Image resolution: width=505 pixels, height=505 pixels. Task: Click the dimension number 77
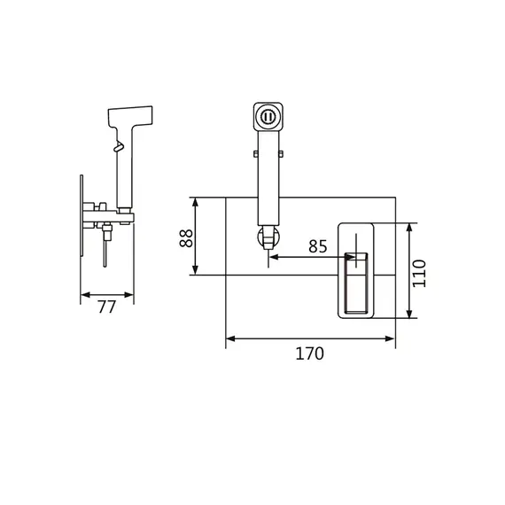tap(106, 307)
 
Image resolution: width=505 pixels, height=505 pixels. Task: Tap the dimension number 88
tap(186, 238)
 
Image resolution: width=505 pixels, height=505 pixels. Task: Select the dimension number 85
tap(317, 246)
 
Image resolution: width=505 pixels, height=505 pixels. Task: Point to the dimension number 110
tap(419, 273)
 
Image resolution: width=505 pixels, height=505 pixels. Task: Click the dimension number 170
tap(309, 353)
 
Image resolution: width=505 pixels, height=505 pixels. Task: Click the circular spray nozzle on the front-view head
tap(268, 117)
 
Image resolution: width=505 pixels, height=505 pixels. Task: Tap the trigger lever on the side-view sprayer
tap(118, 145)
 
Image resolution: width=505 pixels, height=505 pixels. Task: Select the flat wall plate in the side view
tap(82, 216)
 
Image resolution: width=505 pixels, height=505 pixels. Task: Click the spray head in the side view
tap(130, 116)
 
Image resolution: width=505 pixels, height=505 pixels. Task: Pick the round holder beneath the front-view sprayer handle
tap(268, 237)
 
